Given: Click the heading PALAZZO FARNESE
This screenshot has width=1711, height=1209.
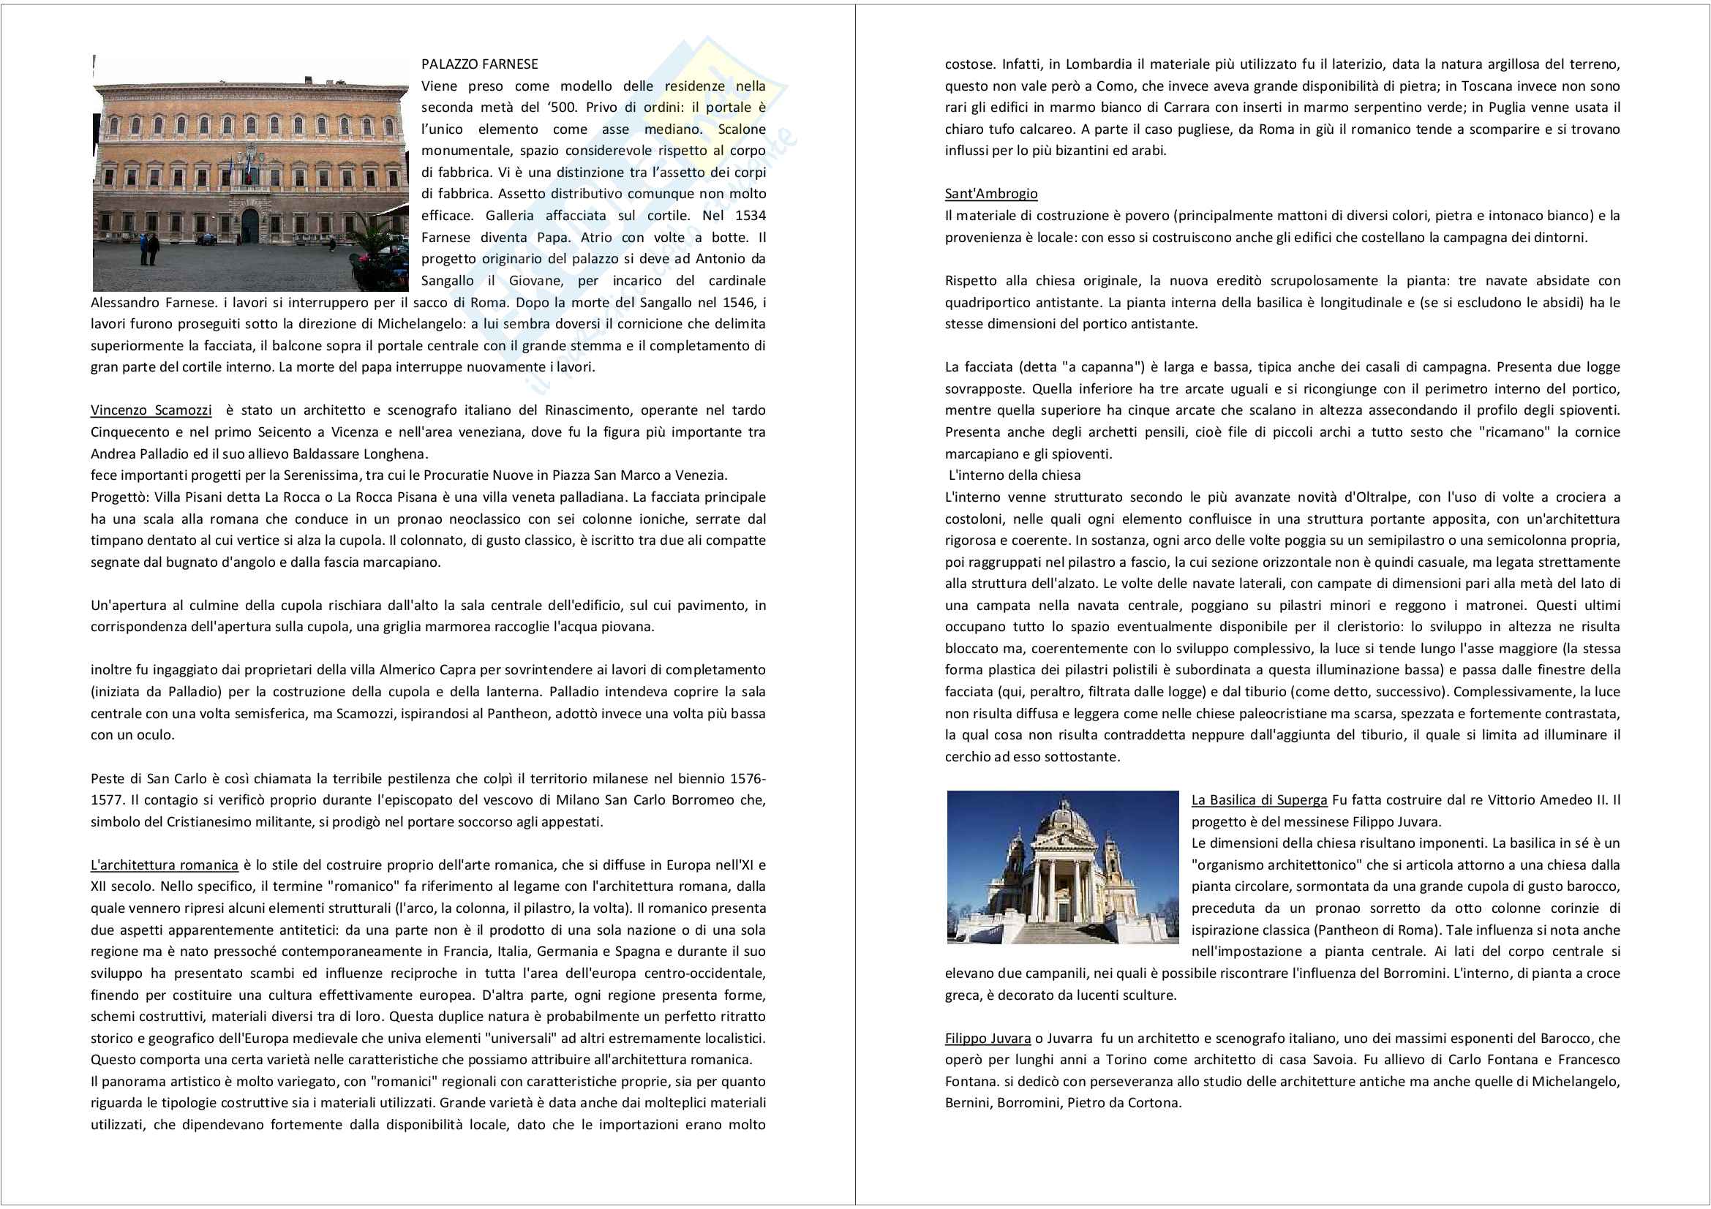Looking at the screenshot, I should point(479,64).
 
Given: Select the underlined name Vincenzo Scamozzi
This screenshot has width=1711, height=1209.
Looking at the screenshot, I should point(151,410).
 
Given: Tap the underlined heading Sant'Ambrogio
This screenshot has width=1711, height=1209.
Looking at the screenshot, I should point(990,194).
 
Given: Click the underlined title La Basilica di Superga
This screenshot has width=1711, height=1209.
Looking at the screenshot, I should point(1259,800).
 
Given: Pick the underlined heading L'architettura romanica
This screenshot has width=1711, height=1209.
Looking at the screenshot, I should point(164,865).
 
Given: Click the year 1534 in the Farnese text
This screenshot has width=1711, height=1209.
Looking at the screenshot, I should point(750,215).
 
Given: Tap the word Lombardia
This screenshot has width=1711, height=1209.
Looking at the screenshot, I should point(1098,64).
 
